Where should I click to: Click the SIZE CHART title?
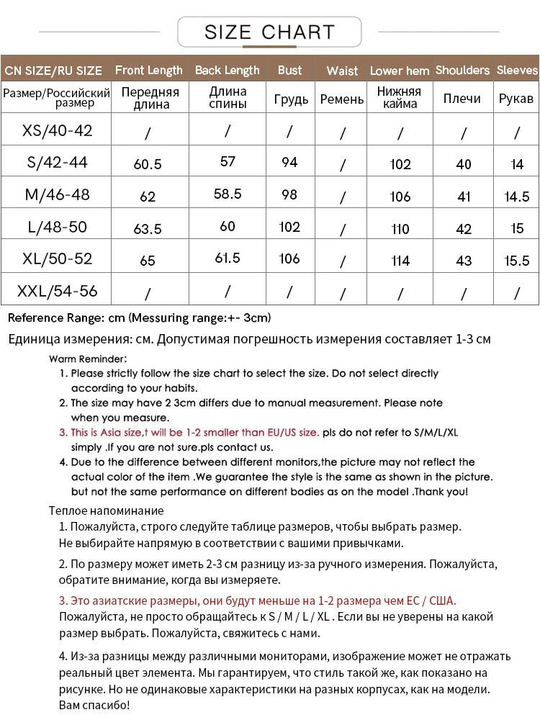(x=269, y=32)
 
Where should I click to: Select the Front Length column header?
(x=149, y=71)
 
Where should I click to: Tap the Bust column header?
(x=289, y=71)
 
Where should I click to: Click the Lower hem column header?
(x=400, y=71)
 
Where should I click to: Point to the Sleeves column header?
(x=517, y=71)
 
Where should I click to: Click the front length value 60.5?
(x=148, y=164)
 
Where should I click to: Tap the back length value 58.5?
(x=228, y=194)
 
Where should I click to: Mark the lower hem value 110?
(x=400, y=229)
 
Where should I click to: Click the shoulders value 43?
(x=464, y=261)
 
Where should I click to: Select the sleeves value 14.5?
(x=517, y=197)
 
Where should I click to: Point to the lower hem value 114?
(x=400, y=261)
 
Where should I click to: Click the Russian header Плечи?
(x=462, y=99)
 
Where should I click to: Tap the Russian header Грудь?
(x=291, y=99)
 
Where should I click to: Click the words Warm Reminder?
(x=88, y=359)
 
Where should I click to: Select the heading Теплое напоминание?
(x=106, y=510)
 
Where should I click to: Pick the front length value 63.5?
(x=148, y=229)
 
